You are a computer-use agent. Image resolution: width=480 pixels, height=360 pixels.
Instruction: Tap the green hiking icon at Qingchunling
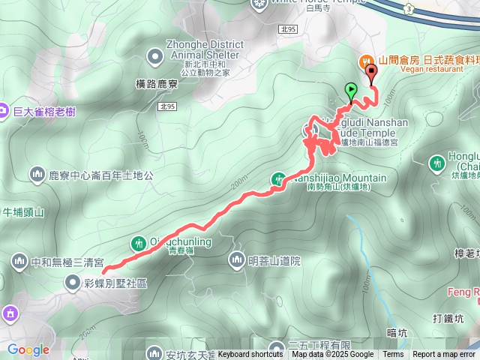pos(139,243)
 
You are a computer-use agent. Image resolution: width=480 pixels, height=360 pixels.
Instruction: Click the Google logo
pos(28,349)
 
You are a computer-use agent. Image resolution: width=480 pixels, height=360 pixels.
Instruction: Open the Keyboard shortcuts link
pos(250,355)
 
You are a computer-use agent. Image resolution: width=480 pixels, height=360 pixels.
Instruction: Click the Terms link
pos(393,355)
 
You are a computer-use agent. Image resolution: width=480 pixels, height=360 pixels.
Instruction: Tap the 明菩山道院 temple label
pos(274,261)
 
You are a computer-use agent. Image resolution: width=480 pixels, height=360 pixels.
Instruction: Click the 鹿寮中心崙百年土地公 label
pos(101,175)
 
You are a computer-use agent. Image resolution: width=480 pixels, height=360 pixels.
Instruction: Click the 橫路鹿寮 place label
pos(157,85)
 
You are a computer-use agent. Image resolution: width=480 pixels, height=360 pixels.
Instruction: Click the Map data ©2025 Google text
pos(332,355)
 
